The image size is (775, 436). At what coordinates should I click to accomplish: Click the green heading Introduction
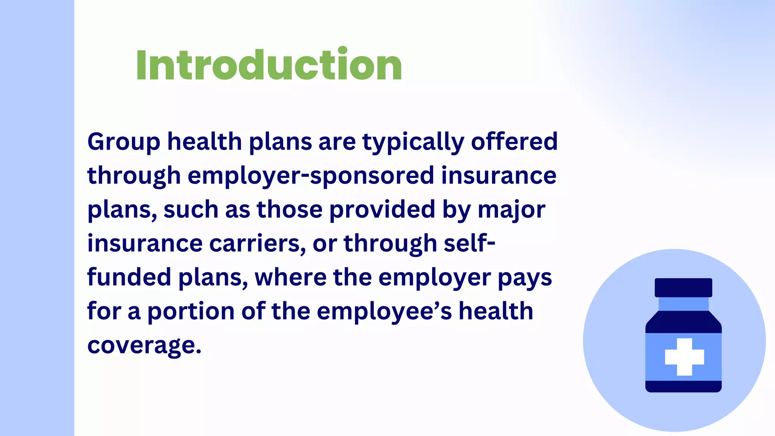269,65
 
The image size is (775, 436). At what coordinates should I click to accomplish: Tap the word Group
124,142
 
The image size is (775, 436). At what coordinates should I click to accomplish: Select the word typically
413,142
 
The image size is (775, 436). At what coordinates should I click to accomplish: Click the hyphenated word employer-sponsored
311,176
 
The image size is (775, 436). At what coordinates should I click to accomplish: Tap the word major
511,210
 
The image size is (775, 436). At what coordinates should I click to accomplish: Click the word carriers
257,243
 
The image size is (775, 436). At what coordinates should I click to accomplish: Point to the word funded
129,277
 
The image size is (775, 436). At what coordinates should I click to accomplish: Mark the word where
291,277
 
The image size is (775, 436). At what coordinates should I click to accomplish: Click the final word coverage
144,346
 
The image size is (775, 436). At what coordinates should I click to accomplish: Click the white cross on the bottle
684,357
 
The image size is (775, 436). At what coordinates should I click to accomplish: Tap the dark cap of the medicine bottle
683,288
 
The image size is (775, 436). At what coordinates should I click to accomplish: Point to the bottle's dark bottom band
683,386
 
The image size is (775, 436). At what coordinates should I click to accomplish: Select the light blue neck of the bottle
683,304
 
